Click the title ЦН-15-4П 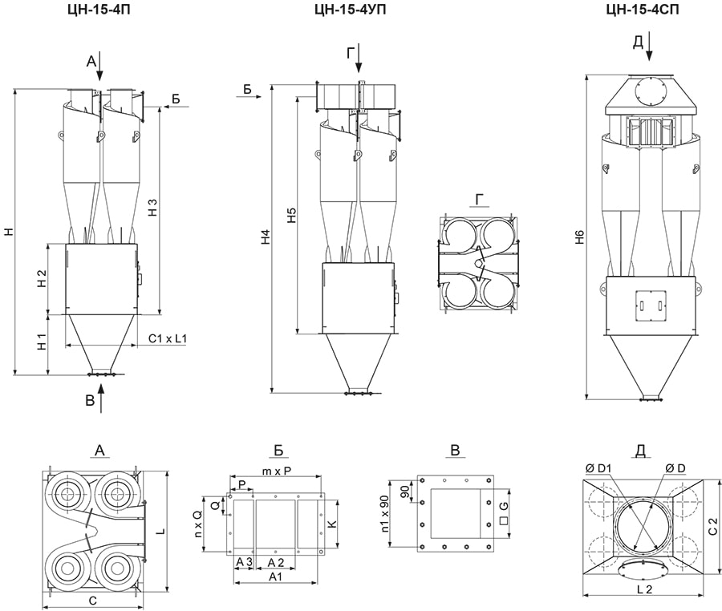[99, 9]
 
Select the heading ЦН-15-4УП [351, 9]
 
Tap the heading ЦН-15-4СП [643, 9]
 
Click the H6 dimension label [580, 237]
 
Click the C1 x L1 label [168, 338]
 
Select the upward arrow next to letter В [102, 399]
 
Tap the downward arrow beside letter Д [649, 46]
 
